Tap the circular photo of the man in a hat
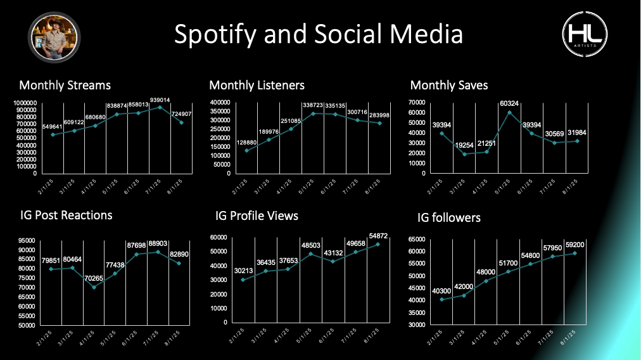(x=53, y=37)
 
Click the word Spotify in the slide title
(x=213, y=34)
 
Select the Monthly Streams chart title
(x=65, y=85)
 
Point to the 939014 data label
(x=160, y=100)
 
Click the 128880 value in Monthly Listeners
(x=246, y=143)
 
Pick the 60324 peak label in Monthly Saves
(x=510, y=103)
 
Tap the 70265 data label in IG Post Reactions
(x=93, y=278)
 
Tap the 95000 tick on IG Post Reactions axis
(x=27, y=240)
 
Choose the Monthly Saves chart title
(x=449, y=85)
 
